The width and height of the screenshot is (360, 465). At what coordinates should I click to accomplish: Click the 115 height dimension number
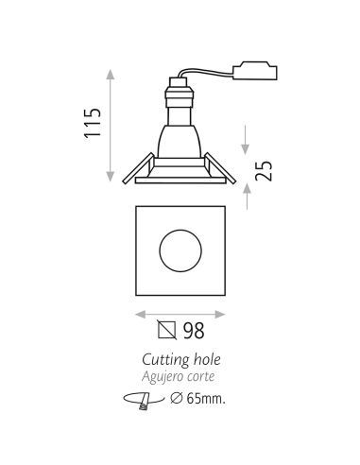(92, 124)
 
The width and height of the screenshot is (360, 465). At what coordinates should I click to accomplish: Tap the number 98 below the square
(193, 331)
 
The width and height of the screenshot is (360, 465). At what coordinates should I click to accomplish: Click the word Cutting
(163, 360)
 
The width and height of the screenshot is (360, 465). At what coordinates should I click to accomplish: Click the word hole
(207, 359)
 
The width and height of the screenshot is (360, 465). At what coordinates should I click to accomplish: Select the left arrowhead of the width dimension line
(139, 311)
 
